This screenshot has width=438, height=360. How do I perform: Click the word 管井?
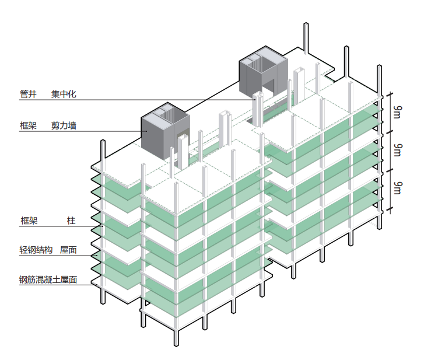coord(28,93)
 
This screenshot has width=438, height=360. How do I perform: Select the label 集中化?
coord(64,93)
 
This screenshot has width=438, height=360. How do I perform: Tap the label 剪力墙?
coord(64,125)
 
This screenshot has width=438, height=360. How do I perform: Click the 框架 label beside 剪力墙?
coord(28,125)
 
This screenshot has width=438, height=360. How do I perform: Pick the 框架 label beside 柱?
coord(29,220)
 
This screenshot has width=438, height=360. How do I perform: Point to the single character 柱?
coord(71,220)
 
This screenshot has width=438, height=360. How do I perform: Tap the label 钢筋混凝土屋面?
coord(48,279)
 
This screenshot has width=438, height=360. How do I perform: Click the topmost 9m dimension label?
coord(397,113)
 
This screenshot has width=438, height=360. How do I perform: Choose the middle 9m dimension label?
coord(397,150)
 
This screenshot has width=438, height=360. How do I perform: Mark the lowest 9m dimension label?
coord(397,188)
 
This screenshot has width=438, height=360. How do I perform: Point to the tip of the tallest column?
coord(306,25)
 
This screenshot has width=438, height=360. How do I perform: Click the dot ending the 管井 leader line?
coord(254,100)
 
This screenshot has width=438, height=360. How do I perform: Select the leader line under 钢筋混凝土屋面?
coord(58,285)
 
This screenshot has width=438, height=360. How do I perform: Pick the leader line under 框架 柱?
coord(58,226)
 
